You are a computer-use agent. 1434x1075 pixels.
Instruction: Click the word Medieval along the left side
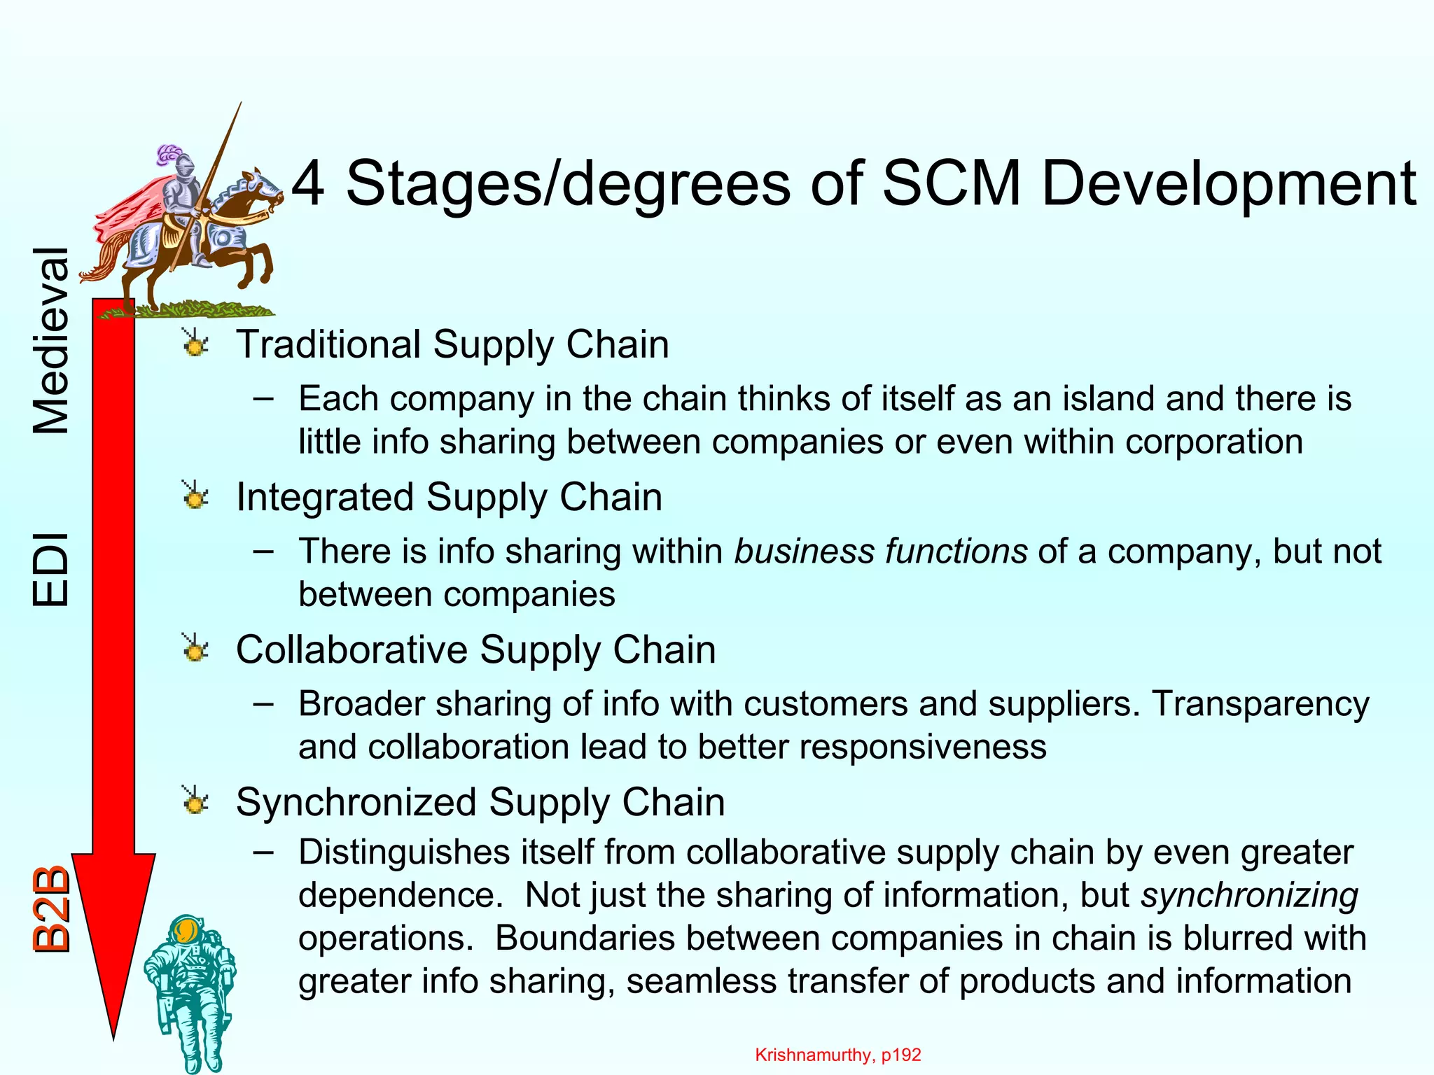click(52, 341)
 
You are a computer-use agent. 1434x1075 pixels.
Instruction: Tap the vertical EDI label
click(52, 569)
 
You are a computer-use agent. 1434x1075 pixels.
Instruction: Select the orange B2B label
click(52, 910)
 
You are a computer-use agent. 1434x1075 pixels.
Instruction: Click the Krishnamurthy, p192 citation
click(838, 1055)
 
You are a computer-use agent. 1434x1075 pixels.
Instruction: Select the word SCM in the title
click(952, 183)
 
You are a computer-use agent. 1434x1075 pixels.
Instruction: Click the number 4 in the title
click(308, 183)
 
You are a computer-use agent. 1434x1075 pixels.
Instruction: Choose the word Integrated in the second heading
click(325, 498)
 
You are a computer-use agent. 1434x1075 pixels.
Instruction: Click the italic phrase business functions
click(880, 551)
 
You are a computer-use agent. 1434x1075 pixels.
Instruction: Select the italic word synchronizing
click(1249, 895)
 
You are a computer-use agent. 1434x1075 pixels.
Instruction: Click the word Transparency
click(1260, 703)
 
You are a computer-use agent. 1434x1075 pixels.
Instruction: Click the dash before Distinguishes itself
click(263, 852)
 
